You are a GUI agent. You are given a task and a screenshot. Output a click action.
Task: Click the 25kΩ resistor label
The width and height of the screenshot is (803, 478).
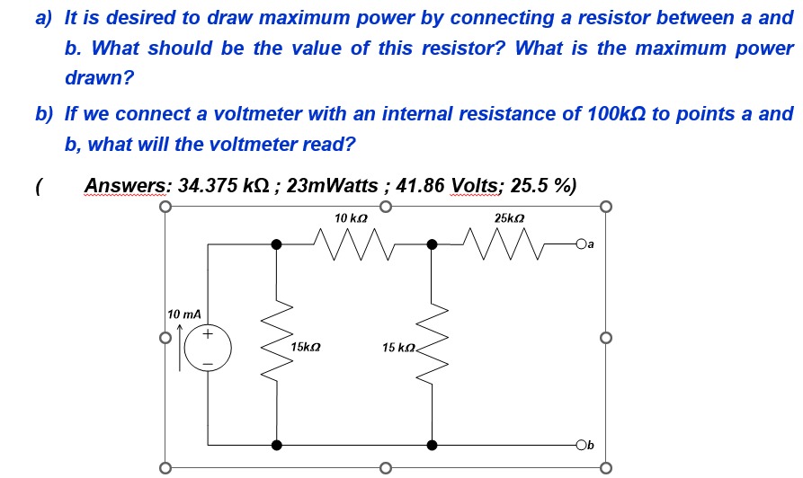pos(509,218)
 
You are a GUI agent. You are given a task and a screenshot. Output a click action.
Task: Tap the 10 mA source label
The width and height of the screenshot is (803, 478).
pos(183,314)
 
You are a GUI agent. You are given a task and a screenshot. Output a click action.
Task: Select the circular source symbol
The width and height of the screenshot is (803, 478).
pos(209,349)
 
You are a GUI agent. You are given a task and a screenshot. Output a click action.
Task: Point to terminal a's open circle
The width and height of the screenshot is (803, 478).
pos(582,243)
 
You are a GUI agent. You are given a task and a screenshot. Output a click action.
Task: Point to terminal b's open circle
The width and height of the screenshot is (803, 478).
pos(582,445)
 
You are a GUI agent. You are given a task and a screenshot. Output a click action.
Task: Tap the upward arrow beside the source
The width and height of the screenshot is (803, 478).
pos(180,342)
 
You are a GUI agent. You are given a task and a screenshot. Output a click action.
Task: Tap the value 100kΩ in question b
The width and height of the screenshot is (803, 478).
pos(618,114)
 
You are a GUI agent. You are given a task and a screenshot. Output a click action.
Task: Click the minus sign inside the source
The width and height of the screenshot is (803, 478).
pos(209,364)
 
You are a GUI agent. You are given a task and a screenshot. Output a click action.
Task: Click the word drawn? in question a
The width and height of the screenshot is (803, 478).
pos(98,79)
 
